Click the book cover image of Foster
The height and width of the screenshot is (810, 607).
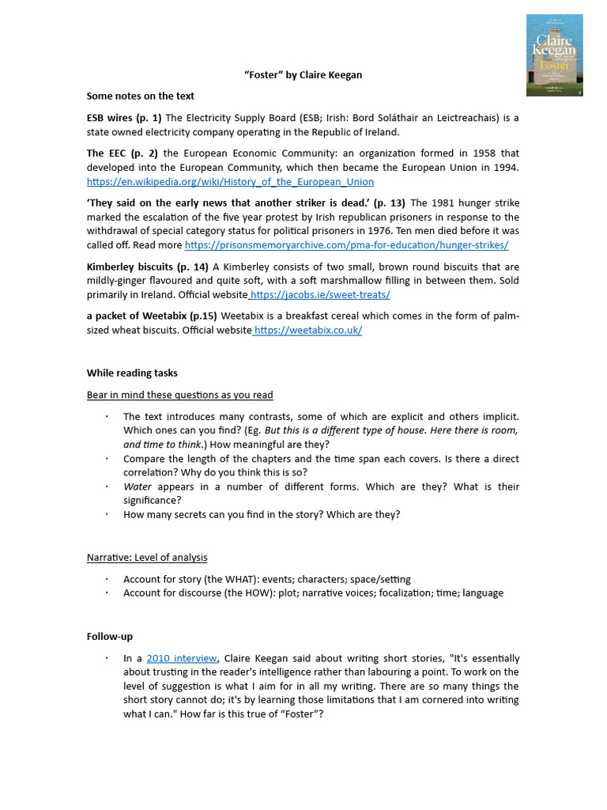point(554,55)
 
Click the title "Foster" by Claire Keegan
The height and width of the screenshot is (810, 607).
point(303,75)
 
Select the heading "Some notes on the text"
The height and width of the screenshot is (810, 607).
point(140,96)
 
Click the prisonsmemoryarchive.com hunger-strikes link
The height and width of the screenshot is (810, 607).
point(346,245)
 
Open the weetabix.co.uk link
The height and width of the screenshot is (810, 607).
point(308,330)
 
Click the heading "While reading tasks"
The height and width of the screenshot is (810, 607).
point(132,373)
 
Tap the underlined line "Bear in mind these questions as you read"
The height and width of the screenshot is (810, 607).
point(180,395)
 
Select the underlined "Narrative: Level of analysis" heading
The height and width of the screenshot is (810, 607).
point(147,558)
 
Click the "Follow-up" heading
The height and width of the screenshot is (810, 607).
point(109,636)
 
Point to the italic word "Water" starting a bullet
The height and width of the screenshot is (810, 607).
point(138,486)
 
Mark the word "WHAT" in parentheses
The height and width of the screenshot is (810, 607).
point(240,579)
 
